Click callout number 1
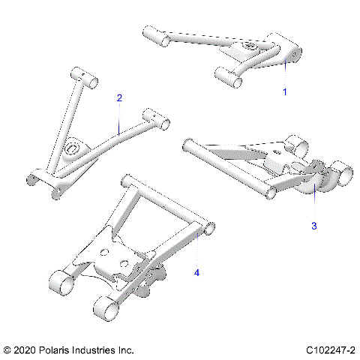click(x=284, y=91)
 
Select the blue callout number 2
click(x=118, y=98)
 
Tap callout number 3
click(x=314, y=224)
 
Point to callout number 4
click(x=197, y=272)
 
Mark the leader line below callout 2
click(x=119, y=118)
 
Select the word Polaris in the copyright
click(x=62, y=350)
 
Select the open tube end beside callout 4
click(x=211, y=226)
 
